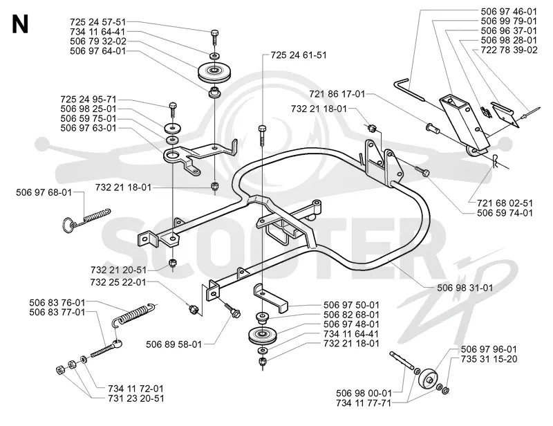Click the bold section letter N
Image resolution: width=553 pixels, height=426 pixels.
[x=20, y=24]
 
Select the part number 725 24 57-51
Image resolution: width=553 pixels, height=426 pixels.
[x=97, y=22]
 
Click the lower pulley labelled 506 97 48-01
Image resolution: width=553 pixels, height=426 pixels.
[x=263, y=335]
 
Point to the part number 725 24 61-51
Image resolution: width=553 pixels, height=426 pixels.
[x=299, y=55]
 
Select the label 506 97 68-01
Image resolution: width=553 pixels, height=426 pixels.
[x=44, y=192]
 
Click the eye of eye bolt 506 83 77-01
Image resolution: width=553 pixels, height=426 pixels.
[x=118, y=342]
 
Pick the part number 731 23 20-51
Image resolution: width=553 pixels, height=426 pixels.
[x=136, y=398]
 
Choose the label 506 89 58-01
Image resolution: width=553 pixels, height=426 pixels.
[x=174, y=344]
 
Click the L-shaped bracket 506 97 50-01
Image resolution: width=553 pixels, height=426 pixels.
[x=271, y=299]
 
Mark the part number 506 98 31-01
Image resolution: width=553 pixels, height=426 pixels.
[x=465, y=288]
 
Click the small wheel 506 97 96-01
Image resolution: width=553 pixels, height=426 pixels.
[x=427, y=379]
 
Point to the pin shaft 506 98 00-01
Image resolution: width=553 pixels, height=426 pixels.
[x=402, y=360]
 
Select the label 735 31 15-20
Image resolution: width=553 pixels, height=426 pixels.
[x=489, y=359]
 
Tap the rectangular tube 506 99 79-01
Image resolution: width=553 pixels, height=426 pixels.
[x=464, y=121]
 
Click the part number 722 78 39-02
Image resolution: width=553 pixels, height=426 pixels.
[x=509, y=50]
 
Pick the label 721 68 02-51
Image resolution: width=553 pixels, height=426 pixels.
[x=505, y=203]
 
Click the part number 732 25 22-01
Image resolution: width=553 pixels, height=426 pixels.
[x=118, y=282]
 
